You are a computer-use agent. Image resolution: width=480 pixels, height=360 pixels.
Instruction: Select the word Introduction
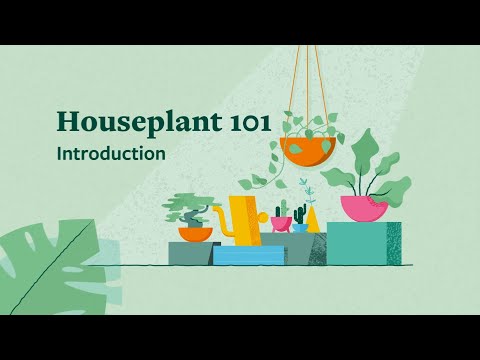111,155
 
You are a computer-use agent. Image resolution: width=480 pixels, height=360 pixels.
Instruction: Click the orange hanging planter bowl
308,152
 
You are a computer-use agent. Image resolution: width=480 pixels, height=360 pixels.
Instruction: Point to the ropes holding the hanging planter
308,90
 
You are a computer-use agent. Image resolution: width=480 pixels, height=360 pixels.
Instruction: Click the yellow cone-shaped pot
314,220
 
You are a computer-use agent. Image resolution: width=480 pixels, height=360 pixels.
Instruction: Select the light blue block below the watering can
247,255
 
